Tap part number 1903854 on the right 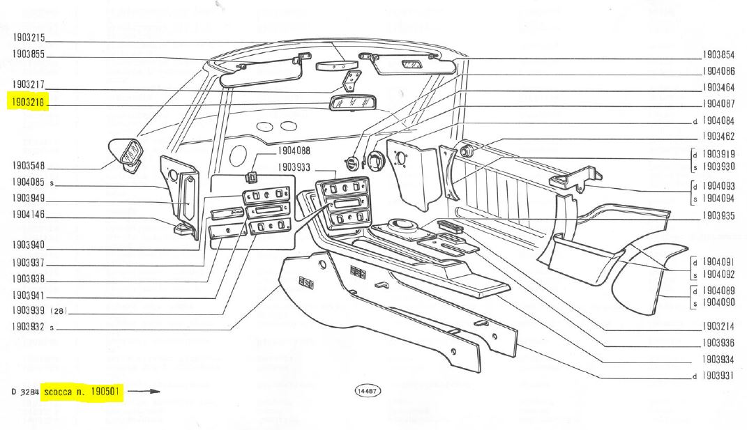718,54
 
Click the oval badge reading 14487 368,391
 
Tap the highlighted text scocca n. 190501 82,392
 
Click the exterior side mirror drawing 127,153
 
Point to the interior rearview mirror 351,103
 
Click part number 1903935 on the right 718,216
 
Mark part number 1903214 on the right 718,326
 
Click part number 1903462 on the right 718,136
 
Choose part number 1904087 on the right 718,104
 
